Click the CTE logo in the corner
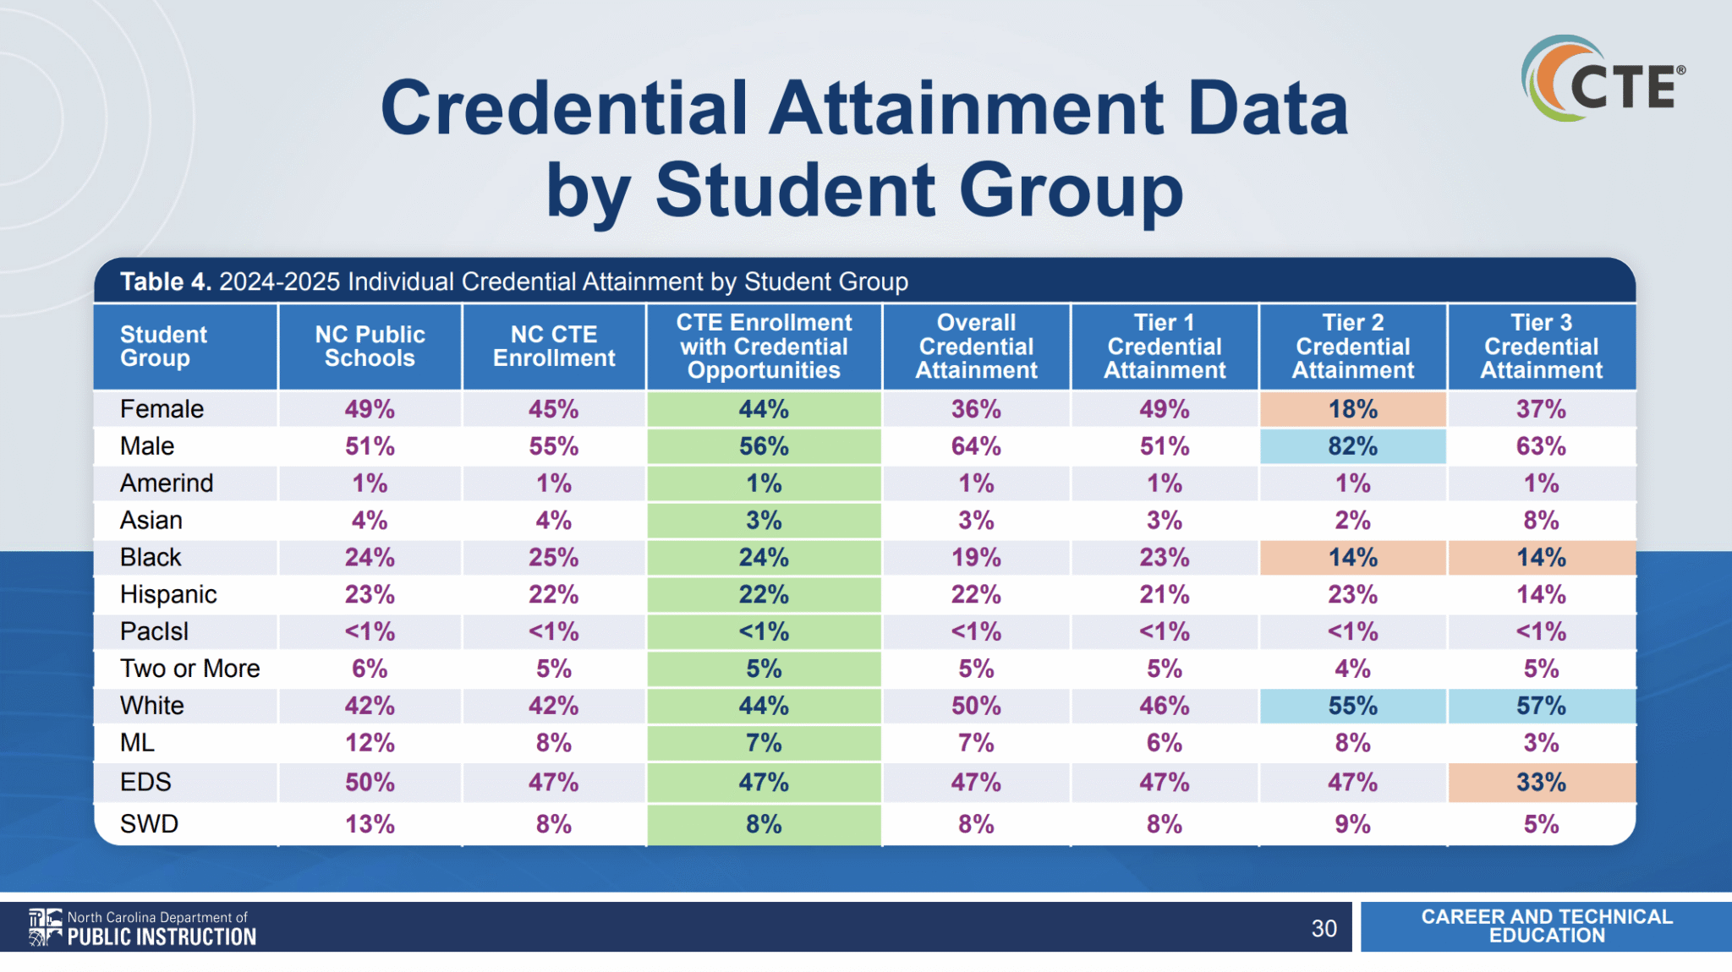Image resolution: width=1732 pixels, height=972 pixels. tap(1603, 79)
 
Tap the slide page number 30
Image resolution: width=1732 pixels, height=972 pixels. tap(1324, 928)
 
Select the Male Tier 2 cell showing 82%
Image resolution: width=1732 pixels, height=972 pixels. tap(1352, 446)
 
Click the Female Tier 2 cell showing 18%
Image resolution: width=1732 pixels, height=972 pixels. tap(1352, 409)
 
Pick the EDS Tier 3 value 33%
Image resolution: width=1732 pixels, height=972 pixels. tap(1541, 783)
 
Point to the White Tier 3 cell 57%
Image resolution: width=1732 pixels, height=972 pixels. tap(1541, 706)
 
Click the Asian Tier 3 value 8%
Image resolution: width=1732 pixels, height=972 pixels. tap(1541, 521)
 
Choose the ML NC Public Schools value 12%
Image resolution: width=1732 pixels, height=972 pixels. tap(370, 743)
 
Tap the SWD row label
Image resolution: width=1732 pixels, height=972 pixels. tap(149, 824)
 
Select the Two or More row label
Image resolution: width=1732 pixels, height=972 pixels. tap(189, 669)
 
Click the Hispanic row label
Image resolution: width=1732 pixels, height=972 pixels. tap(168, 595)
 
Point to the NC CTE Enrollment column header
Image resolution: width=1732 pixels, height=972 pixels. tap(554, 347)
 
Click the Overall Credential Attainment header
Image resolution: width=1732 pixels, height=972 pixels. tap(976, 347)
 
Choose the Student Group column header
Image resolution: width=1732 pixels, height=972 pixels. tap(163, 347)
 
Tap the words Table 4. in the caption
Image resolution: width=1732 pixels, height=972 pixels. tap(165, 281)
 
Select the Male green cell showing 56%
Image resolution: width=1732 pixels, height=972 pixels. tap(764, 446)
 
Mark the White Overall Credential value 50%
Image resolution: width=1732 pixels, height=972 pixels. tap(976, 706)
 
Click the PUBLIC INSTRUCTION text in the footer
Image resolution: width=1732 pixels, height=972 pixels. tap(162, 937)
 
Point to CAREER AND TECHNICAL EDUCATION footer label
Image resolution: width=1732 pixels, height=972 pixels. tap(1546, 926)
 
